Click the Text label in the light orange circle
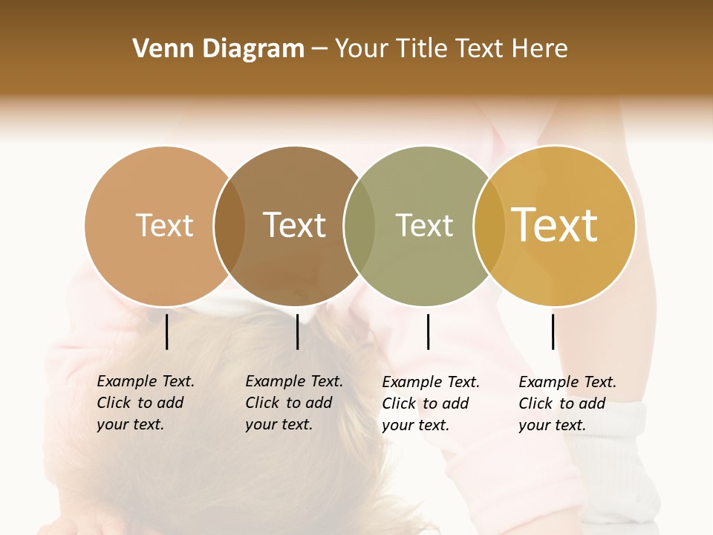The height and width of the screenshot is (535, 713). (x=164, y=225)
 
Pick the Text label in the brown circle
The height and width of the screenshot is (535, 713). (x=295, y=225)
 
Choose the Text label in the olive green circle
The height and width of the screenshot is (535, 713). (x=424, y=225)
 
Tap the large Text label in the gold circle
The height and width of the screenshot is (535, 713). (x=555, y=225)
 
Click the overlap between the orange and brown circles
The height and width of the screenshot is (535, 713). (x=229, y=226)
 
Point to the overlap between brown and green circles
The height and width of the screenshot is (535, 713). (x=359, y=226)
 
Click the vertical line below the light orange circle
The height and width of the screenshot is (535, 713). (x=167, y=331)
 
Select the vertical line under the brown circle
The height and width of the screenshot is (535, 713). (x=297, y=331)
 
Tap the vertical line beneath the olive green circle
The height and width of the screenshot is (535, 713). (x=428, y=331)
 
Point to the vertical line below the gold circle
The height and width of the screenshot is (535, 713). (x=553, y=331)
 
